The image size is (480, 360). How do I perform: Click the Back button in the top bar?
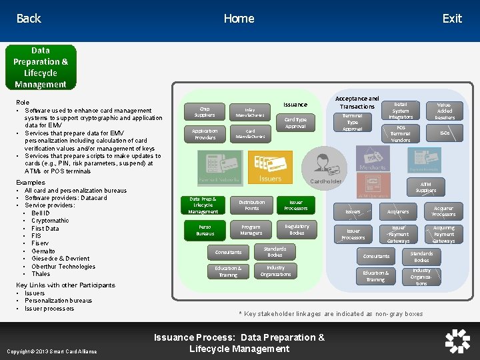(x=29, y=19)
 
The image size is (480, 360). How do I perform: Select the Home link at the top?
(x=239, y=19)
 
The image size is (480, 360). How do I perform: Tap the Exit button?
(x=452, y=19)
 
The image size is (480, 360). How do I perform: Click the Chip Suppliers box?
(x=205, y=112)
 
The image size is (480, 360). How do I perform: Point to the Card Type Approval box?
(x=295, y=123)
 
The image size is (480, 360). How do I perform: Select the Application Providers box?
(x=205, y=134)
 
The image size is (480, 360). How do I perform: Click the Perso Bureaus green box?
(x=205, y=231)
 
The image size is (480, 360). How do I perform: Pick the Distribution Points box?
(x=251, y=205)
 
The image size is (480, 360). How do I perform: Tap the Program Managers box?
(x=251, y=230)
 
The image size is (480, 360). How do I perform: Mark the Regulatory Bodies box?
(x=297, y=230)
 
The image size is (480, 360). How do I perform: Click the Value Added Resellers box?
(x=445, y=111)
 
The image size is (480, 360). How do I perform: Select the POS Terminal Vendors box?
(x=401, y=134)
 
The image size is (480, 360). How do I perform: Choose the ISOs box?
(x=445, y=133)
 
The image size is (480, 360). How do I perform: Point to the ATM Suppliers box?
(x=426, y=187)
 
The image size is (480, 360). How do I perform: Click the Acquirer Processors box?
(x=443, y=211)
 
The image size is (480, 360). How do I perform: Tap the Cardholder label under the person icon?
(x=325, y=181)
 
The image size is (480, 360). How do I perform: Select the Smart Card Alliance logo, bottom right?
(x=457, y=341)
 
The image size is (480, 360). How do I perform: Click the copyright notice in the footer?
(x=51, y=351)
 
